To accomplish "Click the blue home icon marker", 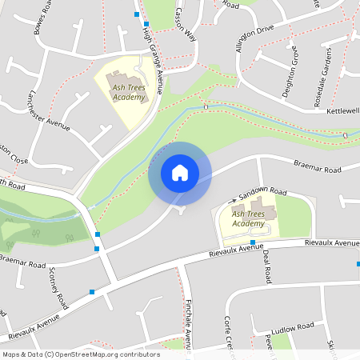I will coord(179,173).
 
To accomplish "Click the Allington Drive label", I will coord(254,36).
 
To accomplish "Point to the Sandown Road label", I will coord(262,193).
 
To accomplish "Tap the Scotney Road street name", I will coord(56,290).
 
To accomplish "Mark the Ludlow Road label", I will coord(294,327).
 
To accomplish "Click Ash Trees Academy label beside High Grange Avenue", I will coord(129,92).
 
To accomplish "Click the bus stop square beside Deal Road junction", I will coord(252,242).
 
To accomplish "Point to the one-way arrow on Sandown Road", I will coord(236,198).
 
